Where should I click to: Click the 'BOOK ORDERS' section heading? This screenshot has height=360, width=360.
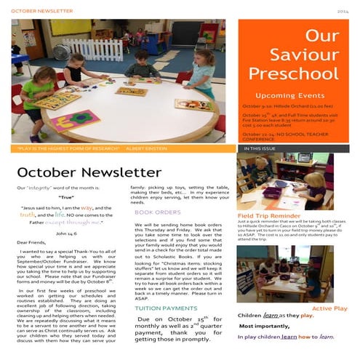[x=158, y=212]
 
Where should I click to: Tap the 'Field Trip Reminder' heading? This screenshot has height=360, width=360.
[x=270, y=216]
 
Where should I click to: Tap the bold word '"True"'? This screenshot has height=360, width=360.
[x=67, y=197]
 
